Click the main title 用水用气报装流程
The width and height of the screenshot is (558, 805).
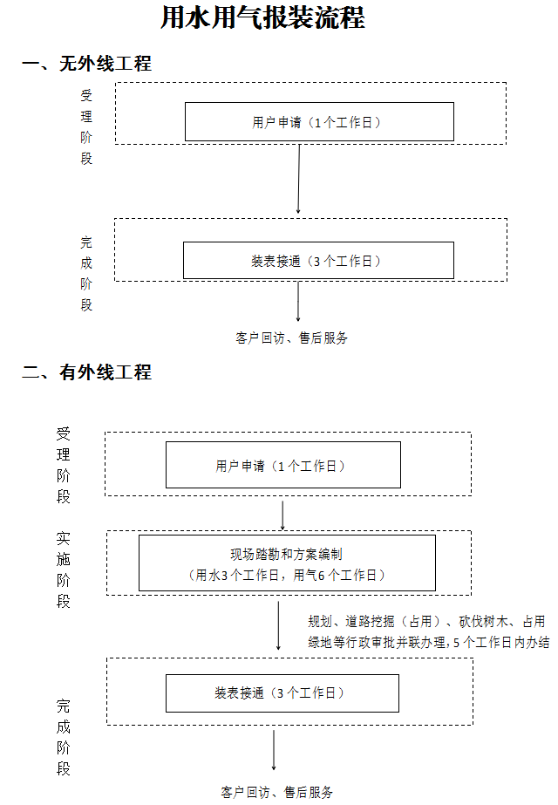(x=262, y=19)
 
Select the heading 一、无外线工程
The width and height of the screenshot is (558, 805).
(x=86, y=64)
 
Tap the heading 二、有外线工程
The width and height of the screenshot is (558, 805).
(x=86, y=372)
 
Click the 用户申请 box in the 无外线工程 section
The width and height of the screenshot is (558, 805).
(x=318, y=122)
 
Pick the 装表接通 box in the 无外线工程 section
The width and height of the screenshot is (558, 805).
(x=318, y=260)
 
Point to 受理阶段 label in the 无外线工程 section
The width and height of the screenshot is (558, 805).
(x=86, y=126)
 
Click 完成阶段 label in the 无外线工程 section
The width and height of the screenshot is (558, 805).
(x=86, y=273)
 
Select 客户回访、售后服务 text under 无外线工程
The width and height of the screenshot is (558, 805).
(x=292, y=338)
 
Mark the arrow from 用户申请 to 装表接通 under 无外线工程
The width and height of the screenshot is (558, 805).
(x=299, y=179)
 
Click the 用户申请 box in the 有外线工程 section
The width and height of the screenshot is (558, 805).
(x=282, y=465)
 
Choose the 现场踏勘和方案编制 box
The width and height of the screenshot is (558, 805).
(x=287, y=563)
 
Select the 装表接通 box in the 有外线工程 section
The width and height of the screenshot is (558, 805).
(x=282, y=693)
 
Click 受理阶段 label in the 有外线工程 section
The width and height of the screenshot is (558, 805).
(x=64, y=465)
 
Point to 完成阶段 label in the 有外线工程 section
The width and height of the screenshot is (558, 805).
(x=64, y=737)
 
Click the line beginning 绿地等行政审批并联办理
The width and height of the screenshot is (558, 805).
(x=428, y=643)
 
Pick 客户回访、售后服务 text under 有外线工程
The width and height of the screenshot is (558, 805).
(x=277, y=793)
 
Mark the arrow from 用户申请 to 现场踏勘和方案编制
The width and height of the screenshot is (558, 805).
(x=283, y=515)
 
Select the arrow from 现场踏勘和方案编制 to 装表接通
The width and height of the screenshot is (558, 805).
(x=278, y=624)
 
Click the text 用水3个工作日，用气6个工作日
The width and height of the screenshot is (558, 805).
(x=287, y=575)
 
